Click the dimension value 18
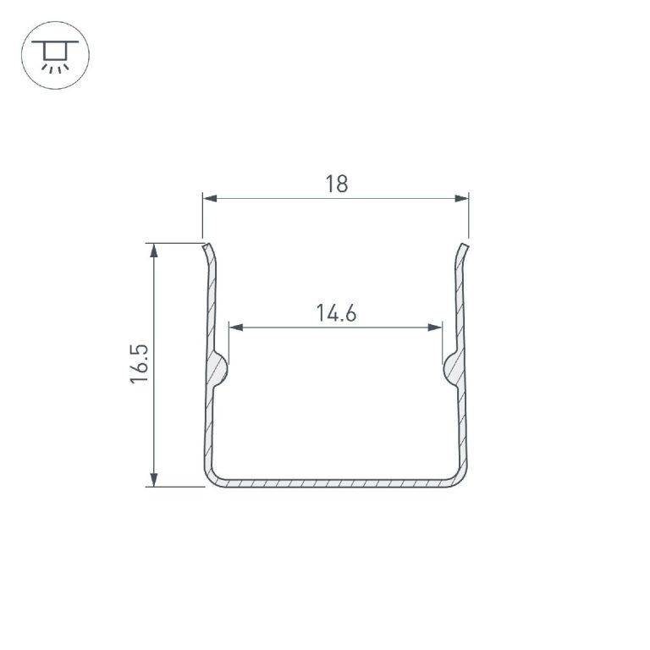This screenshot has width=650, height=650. pyautogui.click(x=337, y=184)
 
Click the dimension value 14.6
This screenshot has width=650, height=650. pyautogui.click(x=336, y=313)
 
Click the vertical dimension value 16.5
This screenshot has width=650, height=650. pyautogui.click(x=140, y=364)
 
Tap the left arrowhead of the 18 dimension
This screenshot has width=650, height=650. pyautogui.click(x=210, y=199)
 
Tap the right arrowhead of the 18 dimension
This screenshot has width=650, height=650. pyautogui.click(x=461, y=199)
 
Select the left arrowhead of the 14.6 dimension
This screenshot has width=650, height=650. pyautogui.click(x=236, y=328)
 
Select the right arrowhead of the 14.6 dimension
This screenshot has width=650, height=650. pyautogui.click(x=434, y=328)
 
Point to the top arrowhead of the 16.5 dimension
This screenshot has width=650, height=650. pyautogui.click(x=154, y=251)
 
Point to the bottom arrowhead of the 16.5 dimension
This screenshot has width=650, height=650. pyautogui.click(x=154, y=479)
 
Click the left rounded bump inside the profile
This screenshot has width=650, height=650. pyautogui.click(x=220, y=367)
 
